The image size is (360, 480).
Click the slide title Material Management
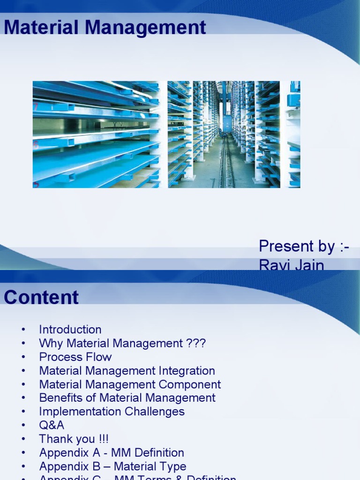105,28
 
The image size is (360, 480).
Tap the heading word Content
41,298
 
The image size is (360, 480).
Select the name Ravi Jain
291,265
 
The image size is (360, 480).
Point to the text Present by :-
304,246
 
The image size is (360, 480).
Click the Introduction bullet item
70,330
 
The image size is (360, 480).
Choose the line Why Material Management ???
122,343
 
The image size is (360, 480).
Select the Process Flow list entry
75,357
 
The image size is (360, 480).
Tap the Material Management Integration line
127,371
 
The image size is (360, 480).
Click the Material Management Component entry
130,384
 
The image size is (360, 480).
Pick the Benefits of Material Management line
127,398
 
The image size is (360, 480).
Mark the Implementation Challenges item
112,412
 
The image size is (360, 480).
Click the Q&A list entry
52,425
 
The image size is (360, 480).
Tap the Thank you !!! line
74,439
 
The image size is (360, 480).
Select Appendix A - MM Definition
112,453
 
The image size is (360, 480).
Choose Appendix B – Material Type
112,466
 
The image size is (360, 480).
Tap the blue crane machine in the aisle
227,123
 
